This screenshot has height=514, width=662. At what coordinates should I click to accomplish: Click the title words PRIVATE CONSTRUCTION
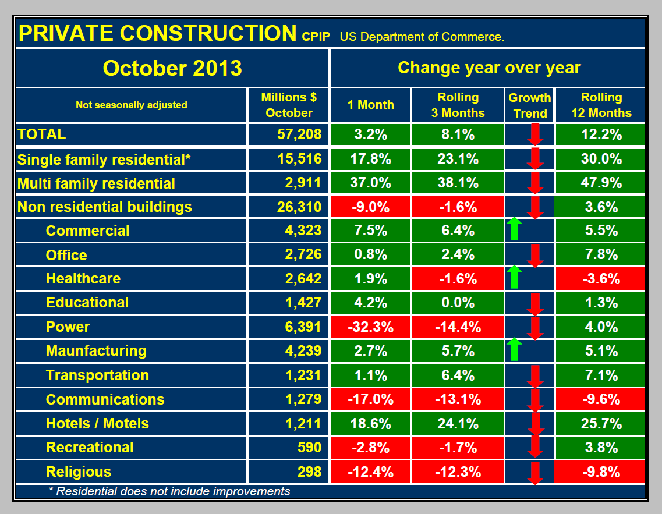point(157,33)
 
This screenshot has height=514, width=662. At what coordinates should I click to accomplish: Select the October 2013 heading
point(172,68)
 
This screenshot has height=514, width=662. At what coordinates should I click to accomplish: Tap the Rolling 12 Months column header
point(601,105)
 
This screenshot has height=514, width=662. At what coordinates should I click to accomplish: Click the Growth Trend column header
point(530,105)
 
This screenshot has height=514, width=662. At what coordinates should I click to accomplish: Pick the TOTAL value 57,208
point(300,134)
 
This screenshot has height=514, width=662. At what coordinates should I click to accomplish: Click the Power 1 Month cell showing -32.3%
point(370,327)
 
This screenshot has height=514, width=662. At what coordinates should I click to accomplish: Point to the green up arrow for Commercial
point(513,229)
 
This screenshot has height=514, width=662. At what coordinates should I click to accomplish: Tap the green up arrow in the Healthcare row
point(513,278)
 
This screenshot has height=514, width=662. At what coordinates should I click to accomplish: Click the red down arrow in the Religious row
point(536,473)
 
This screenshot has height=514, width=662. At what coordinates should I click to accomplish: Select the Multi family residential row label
point(97,183)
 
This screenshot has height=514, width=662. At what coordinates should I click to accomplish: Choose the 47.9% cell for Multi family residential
point(601,183)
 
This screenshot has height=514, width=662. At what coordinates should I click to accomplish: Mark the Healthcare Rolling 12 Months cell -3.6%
point(601,278)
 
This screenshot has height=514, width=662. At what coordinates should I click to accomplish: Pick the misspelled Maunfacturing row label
point(96,350)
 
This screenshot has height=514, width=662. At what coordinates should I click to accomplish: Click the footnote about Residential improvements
point(169,491)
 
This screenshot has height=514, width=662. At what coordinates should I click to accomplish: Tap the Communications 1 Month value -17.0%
point(370,399)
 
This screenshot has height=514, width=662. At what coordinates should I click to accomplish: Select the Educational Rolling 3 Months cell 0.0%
point(458,302)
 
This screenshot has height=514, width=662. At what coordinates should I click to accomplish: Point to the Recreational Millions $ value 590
point(309,447)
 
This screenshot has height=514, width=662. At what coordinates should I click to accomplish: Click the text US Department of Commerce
point(422,37)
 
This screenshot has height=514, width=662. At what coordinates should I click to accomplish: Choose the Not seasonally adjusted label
point(132,105)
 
